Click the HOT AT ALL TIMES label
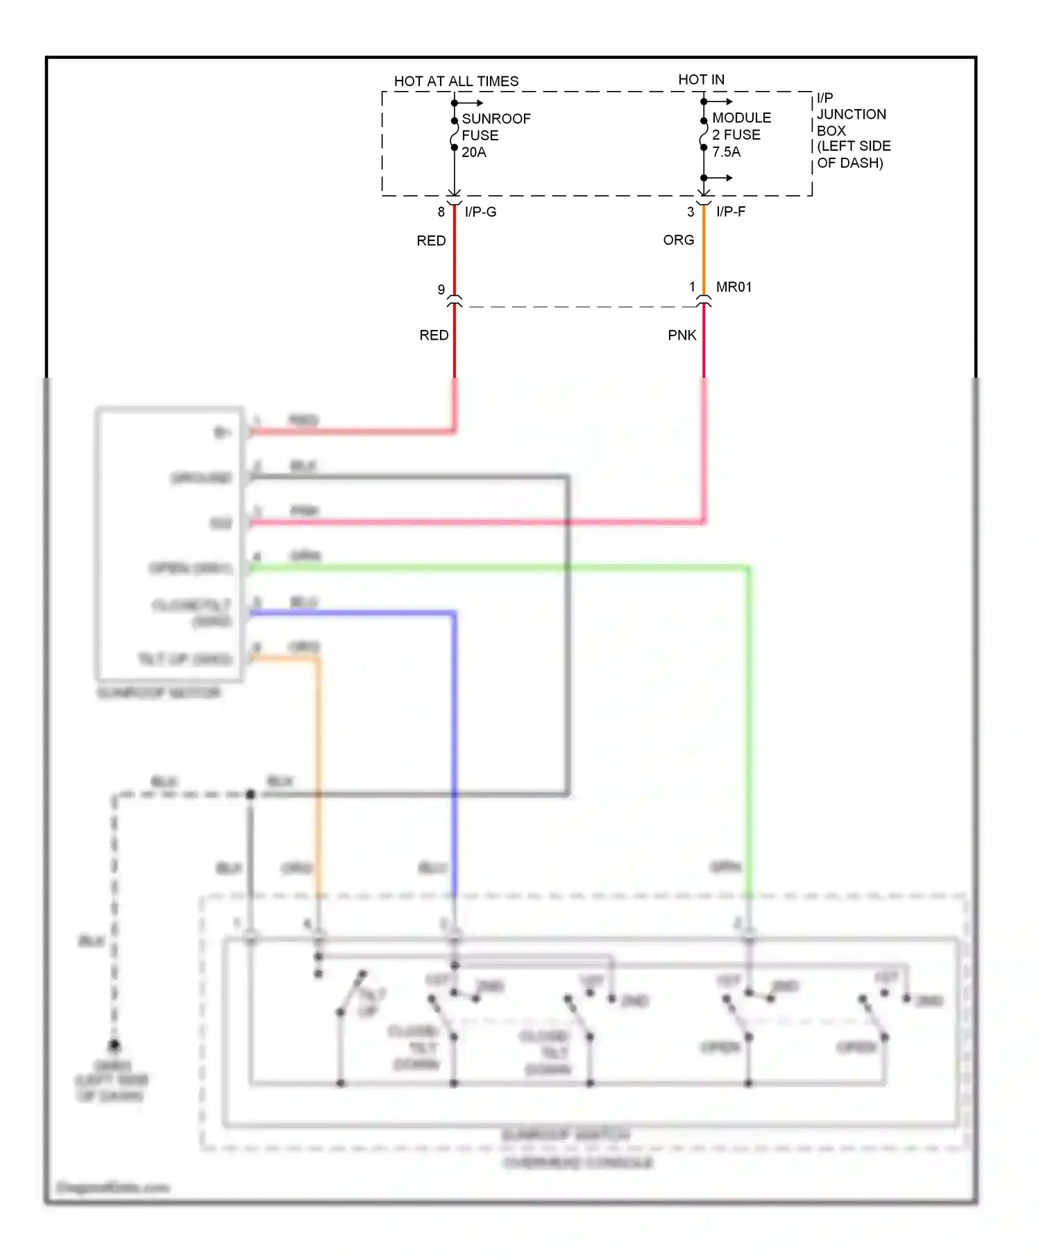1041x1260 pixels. [x=456, y=81]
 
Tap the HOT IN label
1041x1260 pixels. [x=701, y=80]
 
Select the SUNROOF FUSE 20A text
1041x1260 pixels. [x=496, y=135]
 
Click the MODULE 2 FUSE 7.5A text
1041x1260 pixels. [x=740, y=135]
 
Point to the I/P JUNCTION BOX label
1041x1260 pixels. [x=852, y=131]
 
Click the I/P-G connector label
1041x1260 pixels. [x=480, y=212]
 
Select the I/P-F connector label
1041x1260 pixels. [x=731, y=212]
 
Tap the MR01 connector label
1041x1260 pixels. [x=734, y=287]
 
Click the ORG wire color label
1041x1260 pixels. [x=678, y=240]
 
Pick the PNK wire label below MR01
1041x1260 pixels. [x=682, y=335]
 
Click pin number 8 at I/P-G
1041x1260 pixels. [x=441, y=212]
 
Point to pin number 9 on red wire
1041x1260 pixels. [x=441, y=290]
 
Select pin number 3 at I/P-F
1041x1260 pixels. [x=691, y=212]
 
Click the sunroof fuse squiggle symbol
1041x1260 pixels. [x=454, y=134]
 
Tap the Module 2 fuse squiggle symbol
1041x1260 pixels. [x=703, y=134]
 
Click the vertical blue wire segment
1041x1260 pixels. [x=454, y=750]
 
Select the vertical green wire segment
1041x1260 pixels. [x=749, y=729]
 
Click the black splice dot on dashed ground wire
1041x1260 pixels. [x=251, y=794]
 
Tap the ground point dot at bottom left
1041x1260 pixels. [x=115, y=1045]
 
